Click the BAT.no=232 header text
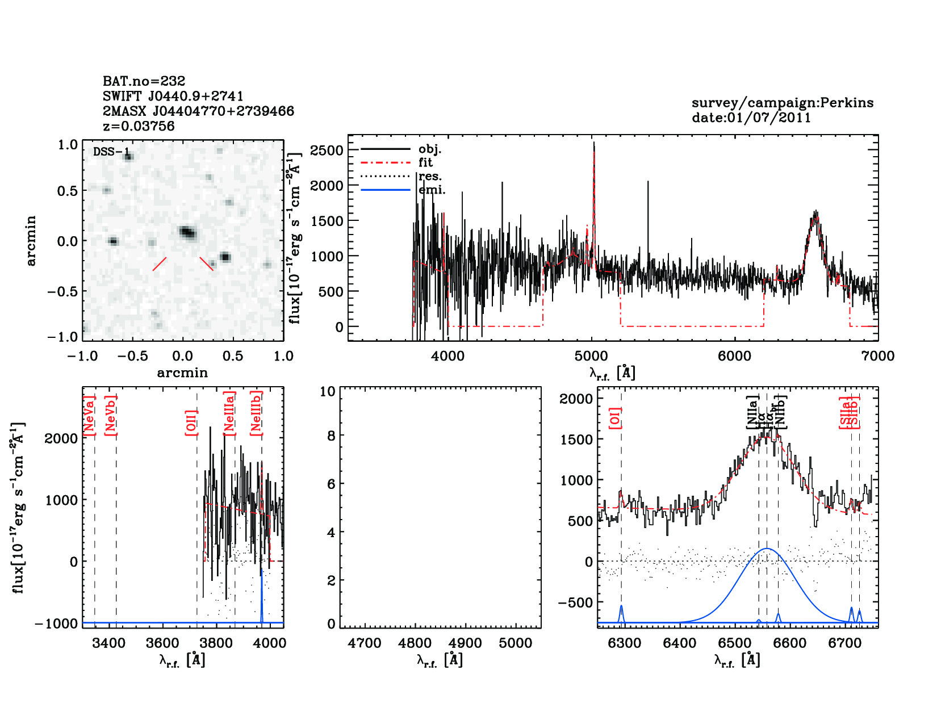tap(144, 81)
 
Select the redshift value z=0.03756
tap(139, 126)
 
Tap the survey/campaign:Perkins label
tap(782, 103)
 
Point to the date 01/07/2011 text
tap(751, 118)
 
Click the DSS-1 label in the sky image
tap(111, 152)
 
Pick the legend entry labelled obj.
tap(429, 149)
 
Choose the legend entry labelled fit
tap(425, 162)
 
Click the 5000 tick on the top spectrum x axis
tap(591, 356)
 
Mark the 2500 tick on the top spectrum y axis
tap(327, 150)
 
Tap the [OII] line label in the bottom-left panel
tap(191, 422)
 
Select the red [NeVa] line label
tap(89, 416)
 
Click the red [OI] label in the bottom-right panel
tap(615, 417)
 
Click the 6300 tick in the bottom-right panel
tap(624, 643)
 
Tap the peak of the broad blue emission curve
tap(767, 549)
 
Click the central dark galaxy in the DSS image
tap(187, 232)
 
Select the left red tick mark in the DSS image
tap(160, 264)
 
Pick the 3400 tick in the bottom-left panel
tap(108, 643)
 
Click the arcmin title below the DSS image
tap(182, 373)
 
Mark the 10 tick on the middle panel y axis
tap(327, 391)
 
